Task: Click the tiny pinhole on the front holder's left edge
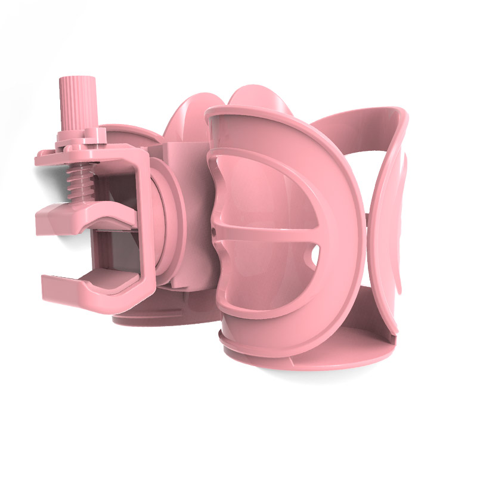213,227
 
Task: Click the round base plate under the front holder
310,355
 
